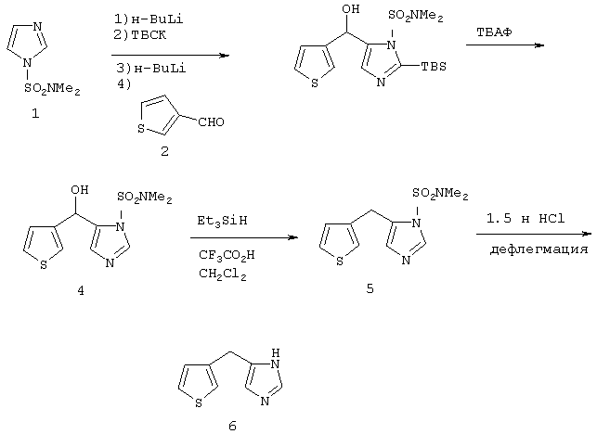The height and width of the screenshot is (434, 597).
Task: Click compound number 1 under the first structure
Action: point(35,113)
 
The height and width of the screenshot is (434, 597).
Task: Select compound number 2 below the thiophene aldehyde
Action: point(164,151)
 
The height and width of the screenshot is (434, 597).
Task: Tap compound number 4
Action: point(81,291)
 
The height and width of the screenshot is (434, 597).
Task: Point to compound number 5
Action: point(370,288)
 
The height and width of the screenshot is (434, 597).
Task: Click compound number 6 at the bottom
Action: point(233,426)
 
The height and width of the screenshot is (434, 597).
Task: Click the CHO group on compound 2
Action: point(212,122)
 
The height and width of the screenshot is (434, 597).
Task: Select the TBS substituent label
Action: point(434,67)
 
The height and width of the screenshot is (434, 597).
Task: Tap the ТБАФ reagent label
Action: point(494,32)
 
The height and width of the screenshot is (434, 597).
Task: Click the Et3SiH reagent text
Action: point(222,221)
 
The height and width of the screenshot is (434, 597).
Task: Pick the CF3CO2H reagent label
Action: point(227,255)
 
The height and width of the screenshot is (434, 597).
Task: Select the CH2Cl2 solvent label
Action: point(222,274)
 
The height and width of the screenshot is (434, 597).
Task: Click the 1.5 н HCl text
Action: point(526,219)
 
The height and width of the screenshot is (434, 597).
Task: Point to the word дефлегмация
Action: point(539,249)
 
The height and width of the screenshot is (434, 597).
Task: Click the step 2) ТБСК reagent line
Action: point(140,35)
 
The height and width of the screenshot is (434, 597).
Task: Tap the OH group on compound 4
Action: point(80,189)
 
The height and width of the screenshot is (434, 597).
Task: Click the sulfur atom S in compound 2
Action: point(141,129)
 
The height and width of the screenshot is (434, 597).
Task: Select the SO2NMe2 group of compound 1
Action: point(52,89)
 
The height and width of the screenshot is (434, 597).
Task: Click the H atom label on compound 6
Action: point(276,353)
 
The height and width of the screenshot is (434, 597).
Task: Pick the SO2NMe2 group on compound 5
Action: point(440,194)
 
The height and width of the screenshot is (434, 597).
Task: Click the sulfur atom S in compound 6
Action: point(199,403)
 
